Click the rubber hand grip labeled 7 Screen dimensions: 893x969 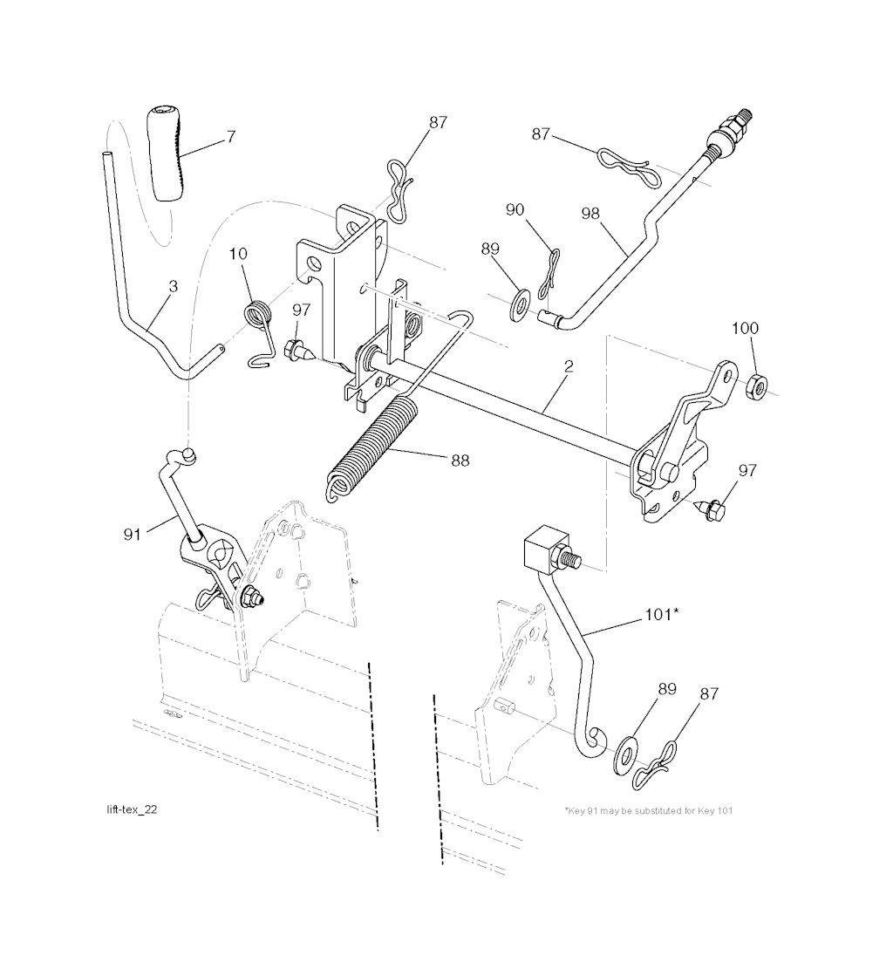166,154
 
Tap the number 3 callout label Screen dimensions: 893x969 174,286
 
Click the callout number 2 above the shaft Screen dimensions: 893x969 569,366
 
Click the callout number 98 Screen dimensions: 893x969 590,213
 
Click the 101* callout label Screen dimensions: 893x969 662,614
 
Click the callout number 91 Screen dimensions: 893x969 133,534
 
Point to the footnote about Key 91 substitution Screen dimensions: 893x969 648,811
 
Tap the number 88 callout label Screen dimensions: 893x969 460,461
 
